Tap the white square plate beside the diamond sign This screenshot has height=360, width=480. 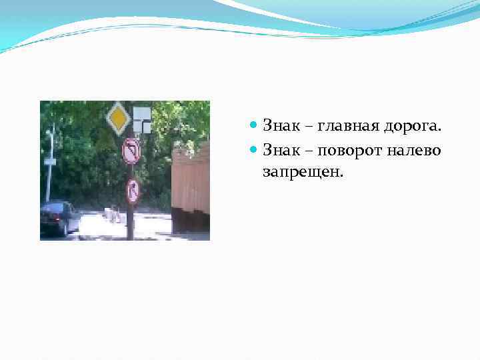pyautogui.click(x=141, y=119)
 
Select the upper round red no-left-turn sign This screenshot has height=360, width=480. pyautogui.click(x=131, y=151)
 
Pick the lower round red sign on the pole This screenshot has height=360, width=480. pyautogui.click(x=133, y=191)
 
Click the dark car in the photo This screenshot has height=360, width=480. pyautogui.click(x=59, y=217)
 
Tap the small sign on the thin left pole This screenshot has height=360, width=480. pyautogui.click(x=50, y=161)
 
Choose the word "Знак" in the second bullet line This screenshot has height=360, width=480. pyautogui.click(x=280, y=150)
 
